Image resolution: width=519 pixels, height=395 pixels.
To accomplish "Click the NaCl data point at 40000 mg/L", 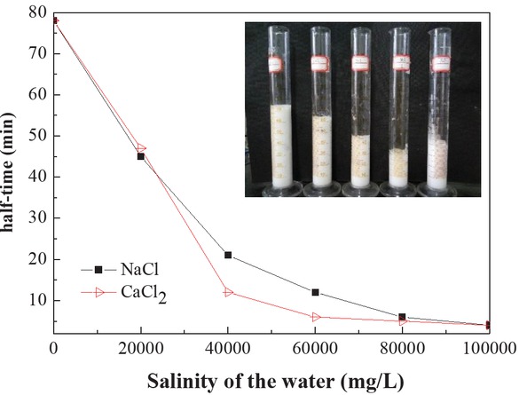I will click(x=228, y=255).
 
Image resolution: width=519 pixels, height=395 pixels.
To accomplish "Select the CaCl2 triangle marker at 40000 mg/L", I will click(x=228, y=292).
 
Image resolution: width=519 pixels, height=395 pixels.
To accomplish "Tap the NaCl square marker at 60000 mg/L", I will click(x=315, y=292).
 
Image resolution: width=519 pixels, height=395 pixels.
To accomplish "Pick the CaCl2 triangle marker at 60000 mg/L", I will click(x=315, y=317).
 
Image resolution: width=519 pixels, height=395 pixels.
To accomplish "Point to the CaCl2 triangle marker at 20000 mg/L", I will click(x=141, y=148).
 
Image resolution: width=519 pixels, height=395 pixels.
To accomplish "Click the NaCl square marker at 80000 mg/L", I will click(x=402, y=317).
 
